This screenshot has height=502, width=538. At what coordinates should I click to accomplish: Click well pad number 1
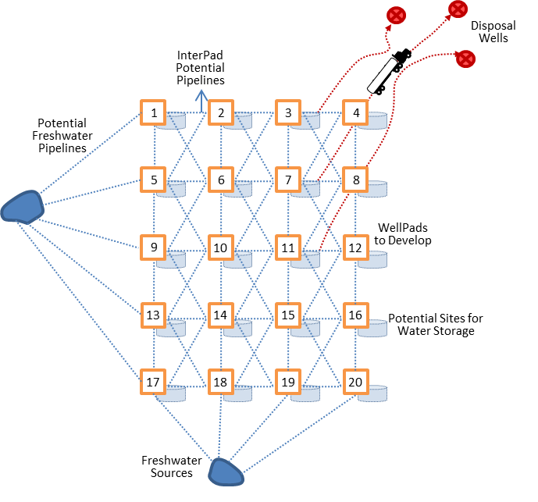(154, 113)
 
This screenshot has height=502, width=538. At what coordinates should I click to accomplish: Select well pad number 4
(356, 113)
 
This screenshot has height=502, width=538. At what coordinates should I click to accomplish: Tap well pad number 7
(289, 180)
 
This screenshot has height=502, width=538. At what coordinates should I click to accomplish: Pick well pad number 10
(221, 248)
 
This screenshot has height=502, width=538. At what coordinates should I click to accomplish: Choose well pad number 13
(154, 315)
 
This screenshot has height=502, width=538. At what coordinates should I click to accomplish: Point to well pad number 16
(356, 315)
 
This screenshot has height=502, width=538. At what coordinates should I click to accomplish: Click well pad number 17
(154, 383)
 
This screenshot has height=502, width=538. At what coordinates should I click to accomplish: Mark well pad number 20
(356, 383)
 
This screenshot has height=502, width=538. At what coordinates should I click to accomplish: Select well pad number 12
(356, 248)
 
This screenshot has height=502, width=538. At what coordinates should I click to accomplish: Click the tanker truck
(388, 72)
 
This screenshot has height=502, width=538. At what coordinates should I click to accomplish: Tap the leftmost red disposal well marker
(397, 15)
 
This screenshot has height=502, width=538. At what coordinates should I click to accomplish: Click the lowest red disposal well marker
(465, 58)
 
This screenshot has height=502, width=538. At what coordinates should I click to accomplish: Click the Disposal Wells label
(493, 32)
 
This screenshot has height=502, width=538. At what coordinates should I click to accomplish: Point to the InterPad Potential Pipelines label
(201, 67)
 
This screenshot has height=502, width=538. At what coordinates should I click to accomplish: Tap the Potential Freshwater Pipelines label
(62, 136)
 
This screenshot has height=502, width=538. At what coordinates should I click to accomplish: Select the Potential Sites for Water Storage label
(431, 324)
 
